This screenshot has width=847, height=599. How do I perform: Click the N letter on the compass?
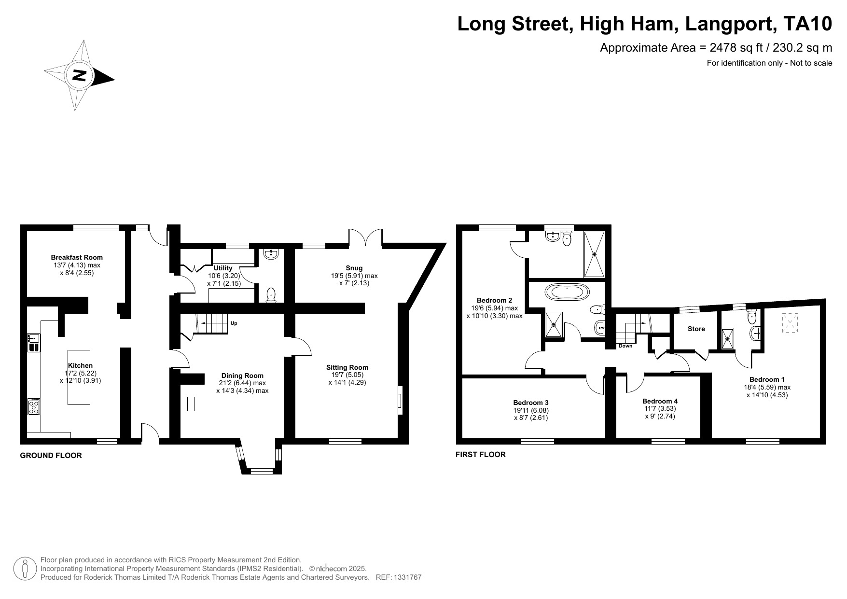pos(79,75)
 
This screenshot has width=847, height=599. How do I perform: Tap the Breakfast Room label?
pos(77,257)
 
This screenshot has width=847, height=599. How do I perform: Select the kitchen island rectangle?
pos(79,377)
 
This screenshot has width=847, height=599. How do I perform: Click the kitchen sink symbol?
pos(33,342)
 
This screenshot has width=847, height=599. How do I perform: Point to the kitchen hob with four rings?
pos(34,406)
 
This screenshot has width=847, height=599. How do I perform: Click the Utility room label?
pos(223,268)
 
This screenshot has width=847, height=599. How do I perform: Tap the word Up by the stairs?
pos(234,323)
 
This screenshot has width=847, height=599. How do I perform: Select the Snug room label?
pos(354,268)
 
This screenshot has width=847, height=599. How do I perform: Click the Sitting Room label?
pos(347,367)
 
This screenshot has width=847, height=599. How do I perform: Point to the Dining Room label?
pos(242,376)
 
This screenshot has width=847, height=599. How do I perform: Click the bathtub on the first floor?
pos(567,292)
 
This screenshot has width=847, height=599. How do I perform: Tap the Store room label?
pos(696,329)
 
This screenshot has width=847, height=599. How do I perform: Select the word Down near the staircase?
pos(625,346)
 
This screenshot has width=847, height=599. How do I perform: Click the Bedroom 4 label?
pos(660,401)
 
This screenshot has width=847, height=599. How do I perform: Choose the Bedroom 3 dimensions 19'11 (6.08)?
pos(531,410)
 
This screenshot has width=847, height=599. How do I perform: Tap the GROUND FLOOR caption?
pos(51,455)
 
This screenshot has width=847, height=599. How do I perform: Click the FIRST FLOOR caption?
pos(480,454)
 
